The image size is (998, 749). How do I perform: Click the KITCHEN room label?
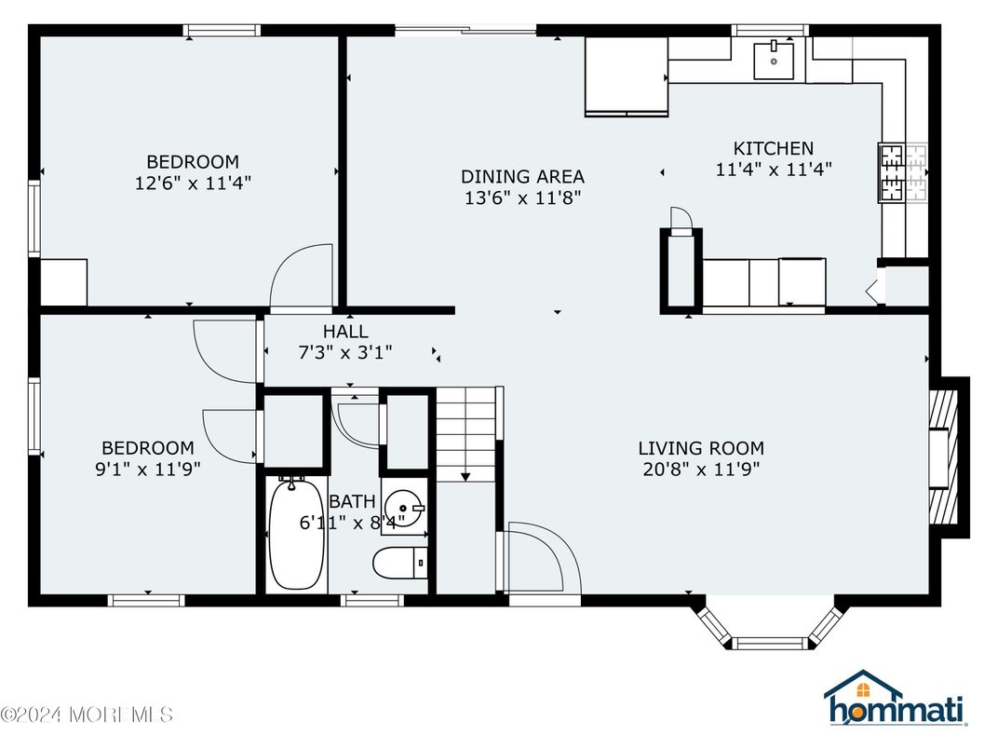(773, 148)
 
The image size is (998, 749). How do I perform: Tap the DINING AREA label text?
(522, 176)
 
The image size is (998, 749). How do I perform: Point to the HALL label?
(344, 331)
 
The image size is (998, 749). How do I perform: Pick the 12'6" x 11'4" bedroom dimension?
(193, 183)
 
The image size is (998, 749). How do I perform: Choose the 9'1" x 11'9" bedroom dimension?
(147, 470)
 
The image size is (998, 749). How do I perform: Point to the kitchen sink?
(773, 61)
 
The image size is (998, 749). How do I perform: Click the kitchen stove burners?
(892, 173)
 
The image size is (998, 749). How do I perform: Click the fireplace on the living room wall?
(945, 456)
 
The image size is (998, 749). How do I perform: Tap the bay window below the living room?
(769, 629)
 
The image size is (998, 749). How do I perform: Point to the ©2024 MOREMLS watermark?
(87, 715)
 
